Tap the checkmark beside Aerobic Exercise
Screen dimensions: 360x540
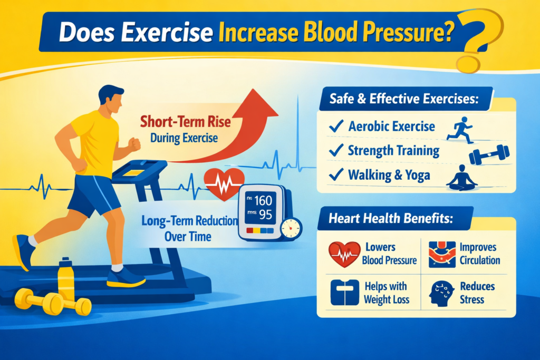[335, 126]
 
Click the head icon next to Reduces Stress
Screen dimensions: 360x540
[442, 293]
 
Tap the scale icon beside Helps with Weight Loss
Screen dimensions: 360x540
[343, 293]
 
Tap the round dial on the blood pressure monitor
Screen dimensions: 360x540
[290, 228]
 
